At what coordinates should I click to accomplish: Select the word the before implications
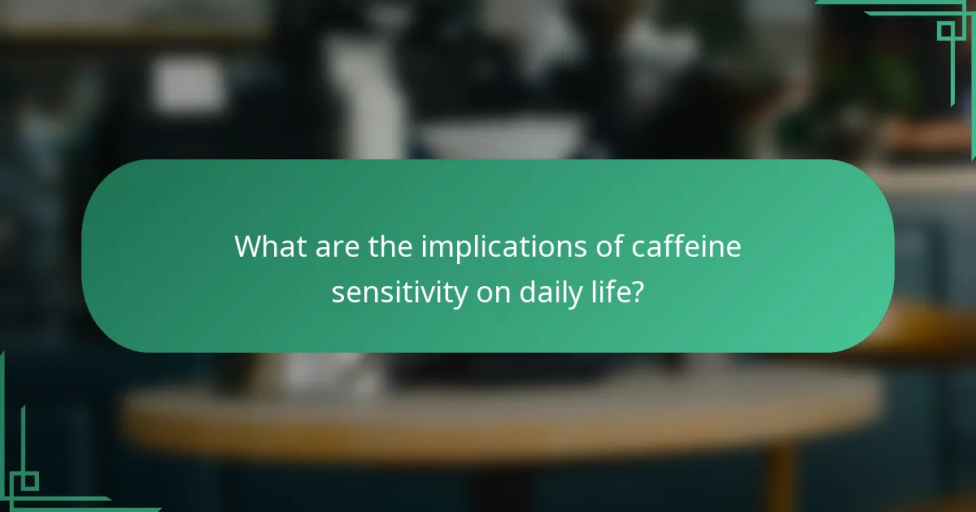coord(391,246)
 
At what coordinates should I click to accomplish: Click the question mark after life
coord(638,292)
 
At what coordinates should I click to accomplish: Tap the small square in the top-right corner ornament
coord(945,31)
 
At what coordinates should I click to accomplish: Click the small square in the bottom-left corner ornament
coord(29,481)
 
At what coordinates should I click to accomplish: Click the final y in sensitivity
coord(458,295)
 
